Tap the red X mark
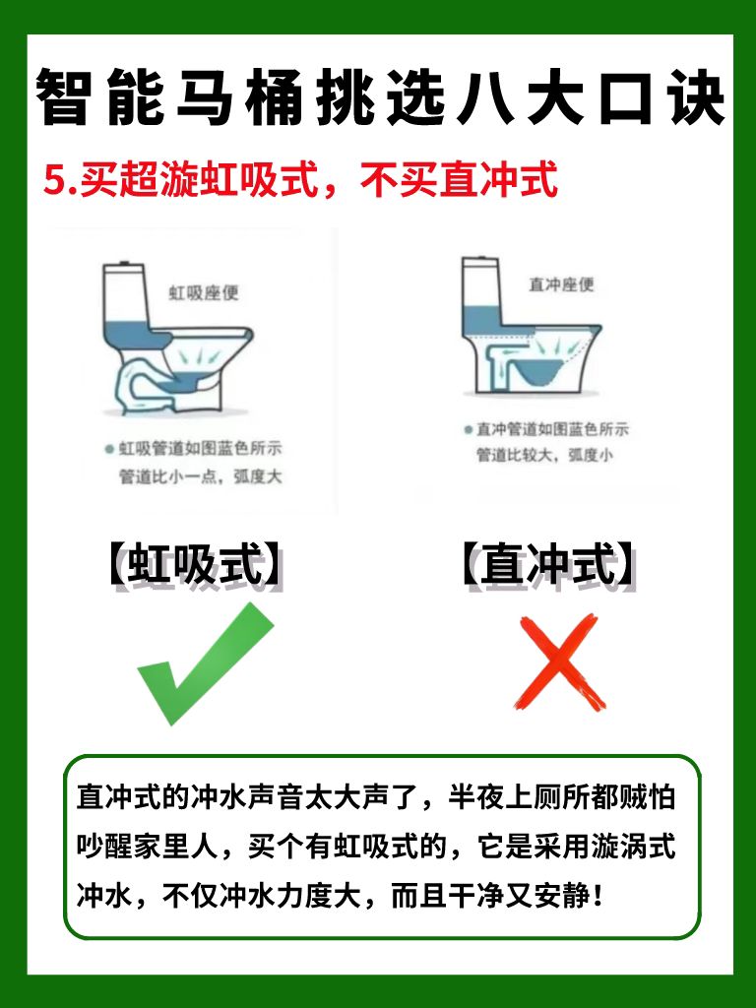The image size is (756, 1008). [x=559, y=661]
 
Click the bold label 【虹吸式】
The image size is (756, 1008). [x=196, y=565]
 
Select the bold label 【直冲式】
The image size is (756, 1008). [x=548, y=565]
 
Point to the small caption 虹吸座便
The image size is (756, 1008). [x=204, y=293]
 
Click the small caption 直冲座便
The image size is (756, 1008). [x=560, y=284]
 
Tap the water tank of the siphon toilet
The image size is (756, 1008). [x=126, y=302]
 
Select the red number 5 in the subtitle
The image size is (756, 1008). [x=55, y=181]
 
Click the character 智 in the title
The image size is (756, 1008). [x=62, y=97]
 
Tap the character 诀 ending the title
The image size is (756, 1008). [x=697, y=97]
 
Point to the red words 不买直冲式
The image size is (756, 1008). [x=458, y=180]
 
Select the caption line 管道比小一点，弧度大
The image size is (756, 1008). [x=201, y=476]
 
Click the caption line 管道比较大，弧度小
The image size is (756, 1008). [x=544, y=455]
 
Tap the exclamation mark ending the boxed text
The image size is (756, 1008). [x=599, y=895]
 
